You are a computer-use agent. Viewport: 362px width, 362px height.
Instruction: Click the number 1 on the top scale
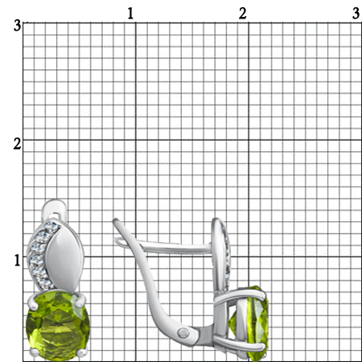130,14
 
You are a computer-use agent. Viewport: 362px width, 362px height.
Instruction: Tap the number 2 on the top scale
243,14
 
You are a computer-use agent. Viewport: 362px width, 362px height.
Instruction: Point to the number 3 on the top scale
356,14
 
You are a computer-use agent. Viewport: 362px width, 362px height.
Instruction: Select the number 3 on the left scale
17,26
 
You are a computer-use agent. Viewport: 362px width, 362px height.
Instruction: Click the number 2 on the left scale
17,144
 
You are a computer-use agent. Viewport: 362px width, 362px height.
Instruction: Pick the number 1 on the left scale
18,261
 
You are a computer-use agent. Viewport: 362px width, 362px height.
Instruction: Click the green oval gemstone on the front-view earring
58,325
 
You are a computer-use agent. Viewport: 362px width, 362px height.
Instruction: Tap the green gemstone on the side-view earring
249,323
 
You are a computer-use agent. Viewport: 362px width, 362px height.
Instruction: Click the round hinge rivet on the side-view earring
183,333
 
